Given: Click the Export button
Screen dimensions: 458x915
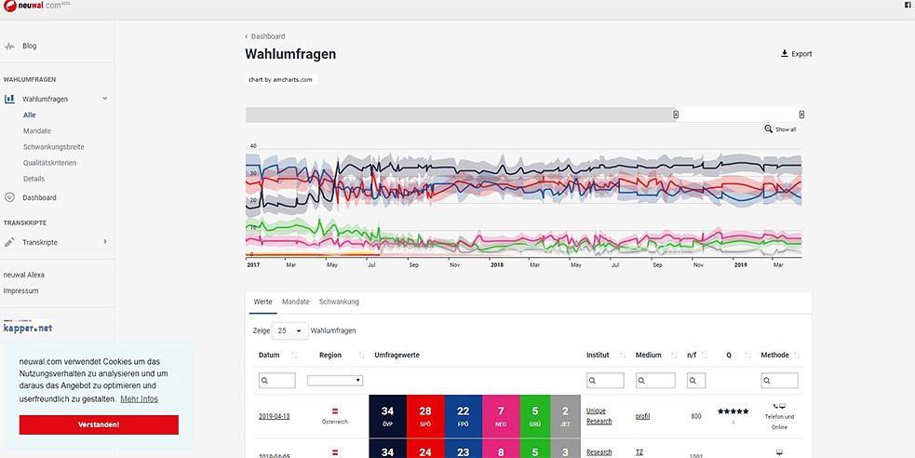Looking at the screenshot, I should [796, 54].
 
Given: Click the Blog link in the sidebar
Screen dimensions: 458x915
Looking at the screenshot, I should [30, 46].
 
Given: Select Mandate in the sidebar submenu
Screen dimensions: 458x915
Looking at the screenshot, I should [37, 131].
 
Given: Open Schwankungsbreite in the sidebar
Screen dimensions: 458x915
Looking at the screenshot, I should [54, 147].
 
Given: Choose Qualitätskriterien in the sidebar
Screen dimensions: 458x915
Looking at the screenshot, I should [49, 163].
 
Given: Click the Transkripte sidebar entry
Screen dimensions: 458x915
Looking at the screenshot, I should [40, 242].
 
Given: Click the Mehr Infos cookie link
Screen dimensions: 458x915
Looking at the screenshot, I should [139, 399].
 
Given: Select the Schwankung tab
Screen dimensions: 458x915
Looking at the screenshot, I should [339, 302].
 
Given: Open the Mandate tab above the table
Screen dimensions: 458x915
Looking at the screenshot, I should [295, 302].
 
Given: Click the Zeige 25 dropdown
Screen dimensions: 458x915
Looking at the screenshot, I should [291, 330].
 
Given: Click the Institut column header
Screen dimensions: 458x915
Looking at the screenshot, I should [598, 355].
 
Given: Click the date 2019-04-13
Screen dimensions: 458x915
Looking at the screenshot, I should [274, 416].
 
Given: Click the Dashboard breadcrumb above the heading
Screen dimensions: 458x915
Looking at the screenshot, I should [267, 36].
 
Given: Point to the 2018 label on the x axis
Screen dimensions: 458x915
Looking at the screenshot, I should [498, 265].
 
